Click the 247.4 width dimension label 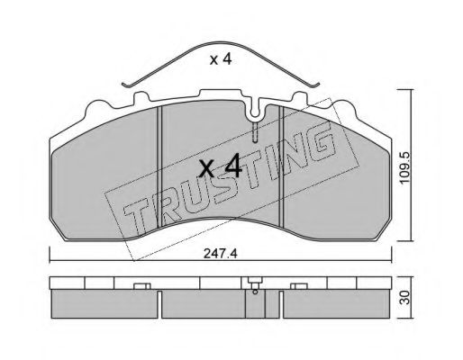(x=221, y=254)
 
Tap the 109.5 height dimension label (x=405, y=167)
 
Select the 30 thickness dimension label (x=405, y=297)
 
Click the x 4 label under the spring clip (x=221, y=59)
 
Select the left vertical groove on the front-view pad (x=159, y=166)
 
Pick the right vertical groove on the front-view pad (x=281, y=166)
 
